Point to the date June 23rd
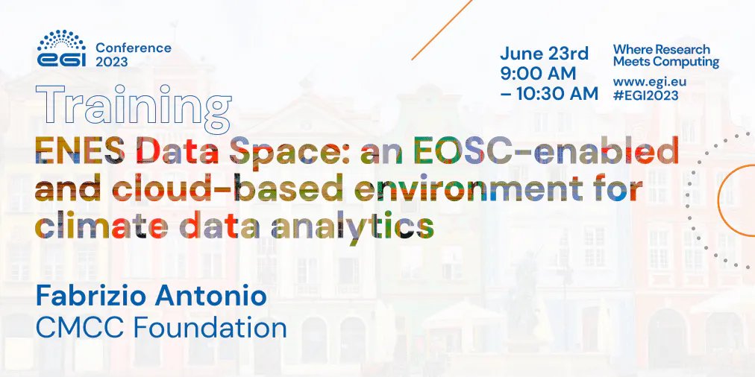coord(544,54)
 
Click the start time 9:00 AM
coord(538,74)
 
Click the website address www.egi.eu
coord(649,81)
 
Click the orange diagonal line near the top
coord(442,29)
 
